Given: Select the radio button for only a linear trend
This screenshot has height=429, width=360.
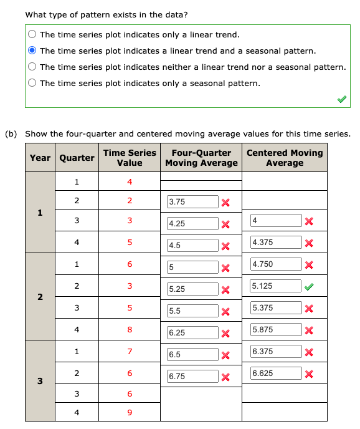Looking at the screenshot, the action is pyautogui.click(x=32, y=35).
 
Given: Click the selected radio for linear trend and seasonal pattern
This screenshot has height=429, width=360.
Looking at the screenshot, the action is pyautogui.click(x=32, y=51).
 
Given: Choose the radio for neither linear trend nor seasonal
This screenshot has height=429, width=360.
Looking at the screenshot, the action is pyautogui.click(x=32, y=67).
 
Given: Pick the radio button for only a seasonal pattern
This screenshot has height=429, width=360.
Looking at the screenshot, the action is pyautogui.click(x=32, y=83).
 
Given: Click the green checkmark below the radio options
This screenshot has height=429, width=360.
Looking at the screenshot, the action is pyautogui.click(x=340, y=99).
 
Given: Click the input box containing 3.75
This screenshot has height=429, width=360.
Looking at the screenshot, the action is pyautogui.click(x=192, y=202).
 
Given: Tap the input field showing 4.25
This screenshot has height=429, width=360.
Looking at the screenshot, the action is pyautogui.click(x=192, y=224).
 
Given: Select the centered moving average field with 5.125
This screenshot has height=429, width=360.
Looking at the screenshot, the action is pyautogui.click(x=275, y=286).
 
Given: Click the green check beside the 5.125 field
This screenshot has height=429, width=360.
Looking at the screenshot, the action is pyautogui.click(x=308, y=286).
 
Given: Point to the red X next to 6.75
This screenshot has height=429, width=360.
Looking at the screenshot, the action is pyautogui.click(x=225, y=377).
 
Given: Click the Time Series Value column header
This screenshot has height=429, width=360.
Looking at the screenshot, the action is pyautogui.click(x=130, y=158).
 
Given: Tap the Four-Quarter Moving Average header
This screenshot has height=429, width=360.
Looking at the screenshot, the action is pyautogui.click(x=201, y=158).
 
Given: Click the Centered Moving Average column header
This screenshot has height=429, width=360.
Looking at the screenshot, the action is pyautogui.click(x=285, y=158).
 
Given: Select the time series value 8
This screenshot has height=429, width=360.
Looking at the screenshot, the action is pyautogui.click(x=130, y=330).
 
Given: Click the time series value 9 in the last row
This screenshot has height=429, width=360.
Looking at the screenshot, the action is pyautogui.click(x=130, y=412).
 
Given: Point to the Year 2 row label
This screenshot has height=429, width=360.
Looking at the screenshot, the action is pyautogui.click(x=40, y=297).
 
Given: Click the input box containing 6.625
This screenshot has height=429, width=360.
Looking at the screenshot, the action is pyautogui.click(x=275, y=374).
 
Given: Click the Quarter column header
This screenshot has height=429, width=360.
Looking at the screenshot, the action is pyautogui.click(x=77, y=158).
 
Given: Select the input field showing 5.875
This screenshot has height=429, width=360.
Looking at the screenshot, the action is pyautogui.click(x=275, y=330).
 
